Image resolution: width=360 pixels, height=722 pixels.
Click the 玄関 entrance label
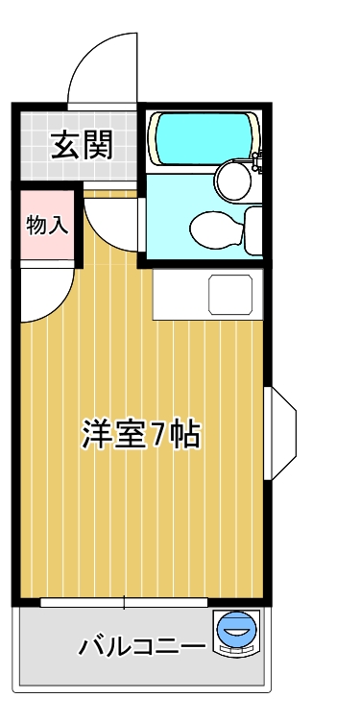(82, 145)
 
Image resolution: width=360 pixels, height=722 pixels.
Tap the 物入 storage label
(47, 226)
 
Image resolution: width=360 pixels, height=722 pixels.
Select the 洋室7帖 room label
(141, 434)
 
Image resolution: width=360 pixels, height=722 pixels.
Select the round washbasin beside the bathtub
(234, 180)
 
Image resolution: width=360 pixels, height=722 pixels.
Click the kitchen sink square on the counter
(230, 295)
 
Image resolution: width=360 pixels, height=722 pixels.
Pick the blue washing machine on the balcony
(236, 633)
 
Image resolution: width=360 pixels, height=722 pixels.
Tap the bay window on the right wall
(280, 433)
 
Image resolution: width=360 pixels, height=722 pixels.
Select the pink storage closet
(47, 226)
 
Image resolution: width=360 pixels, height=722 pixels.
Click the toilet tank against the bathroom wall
(253, 230)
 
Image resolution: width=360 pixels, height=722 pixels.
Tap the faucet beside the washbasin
(256, 161)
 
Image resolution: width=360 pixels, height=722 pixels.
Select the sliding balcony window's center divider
(124, 602)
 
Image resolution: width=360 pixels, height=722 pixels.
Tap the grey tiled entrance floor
(79, 146)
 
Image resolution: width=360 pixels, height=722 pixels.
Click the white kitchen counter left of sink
(180, 295)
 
